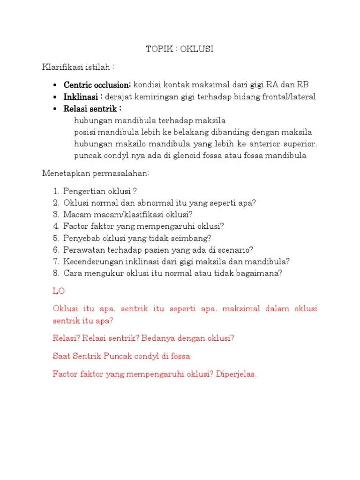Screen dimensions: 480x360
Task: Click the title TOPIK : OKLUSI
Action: pos(180,50)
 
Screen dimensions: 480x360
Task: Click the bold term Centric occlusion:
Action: pos(97,85)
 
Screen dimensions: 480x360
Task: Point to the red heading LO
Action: pos(59,291)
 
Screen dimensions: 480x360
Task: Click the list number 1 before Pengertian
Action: pos(56,191)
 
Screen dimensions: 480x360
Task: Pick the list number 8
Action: pos(56,273)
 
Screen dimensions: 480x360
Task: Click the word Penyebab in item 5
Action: pos(80,238)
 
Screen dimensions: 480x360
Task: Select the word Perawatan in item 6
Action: pos(82,250)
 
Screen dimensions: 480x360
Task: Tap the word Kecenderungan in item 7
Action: pos(92,262)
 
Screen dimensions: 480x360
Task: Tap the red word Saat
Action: pos(62,356)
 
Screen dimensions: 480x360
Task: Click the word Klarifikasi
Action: pos(62,67)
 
